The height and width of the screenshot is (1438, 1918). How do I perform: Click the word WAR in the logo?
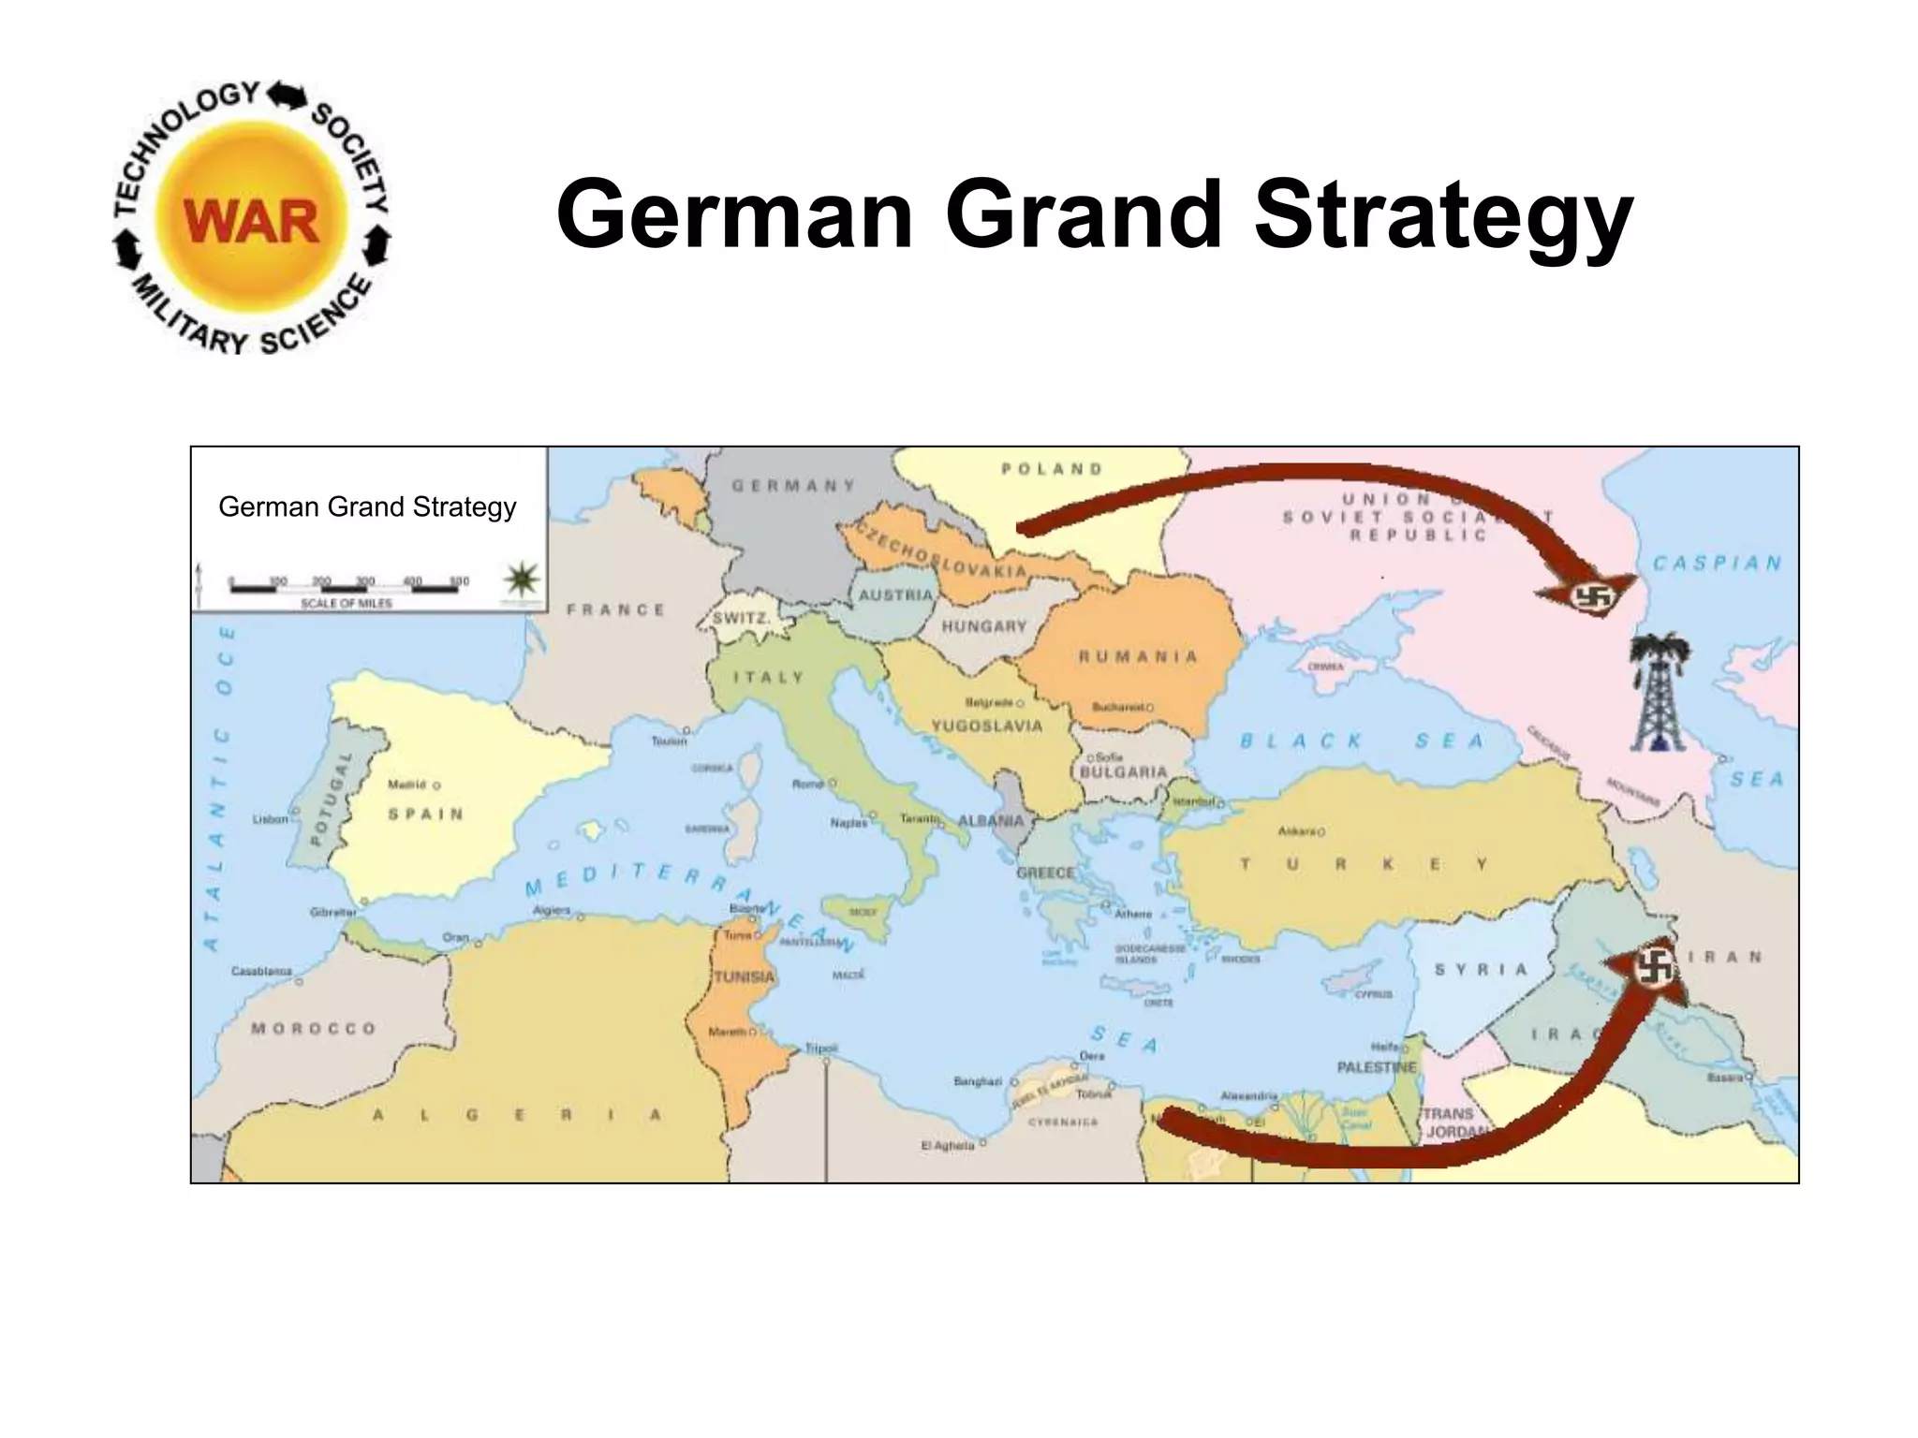tap(251, 222)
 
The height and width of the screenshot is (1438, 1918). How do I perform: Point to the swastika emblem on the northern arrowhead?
tap(1589, 595)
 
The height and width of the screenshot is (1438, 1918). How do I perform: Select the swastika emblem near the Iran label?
tap(1655, 967)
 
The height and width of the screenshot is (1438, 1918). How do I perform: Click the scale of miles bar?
tap(348, 587)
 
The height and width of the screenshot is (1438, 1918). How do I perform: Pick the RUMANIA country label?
tap(1138, 656)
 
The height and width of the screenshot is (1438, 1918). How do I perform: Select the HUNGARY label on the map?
tap(984, 626)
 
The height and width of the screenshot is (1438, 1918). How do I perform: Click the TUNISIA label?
tap(745, 977)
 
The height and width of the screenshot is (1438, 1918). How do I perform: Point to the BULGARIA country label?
tap(1124, 772)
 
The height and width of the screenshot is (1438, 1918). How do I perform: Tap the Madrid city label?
tap(408, 785)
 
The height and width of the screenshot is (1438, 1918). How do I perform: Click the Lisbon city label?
tap(271, 819)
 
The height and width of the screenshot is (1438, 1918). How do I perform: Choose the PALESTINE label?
tap(1377, 1067)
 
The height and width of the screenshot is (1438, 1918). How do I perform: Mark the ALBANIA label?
tap(991, 821)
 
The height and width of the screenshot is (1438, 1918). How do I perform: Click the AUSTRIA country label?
tap(896, 595)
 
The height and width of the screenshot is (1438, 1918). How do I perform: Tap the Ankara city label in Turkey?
tap(1297, 830)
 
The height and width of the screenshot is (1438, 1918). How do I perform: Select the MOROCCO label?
tap(314, 1028)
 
